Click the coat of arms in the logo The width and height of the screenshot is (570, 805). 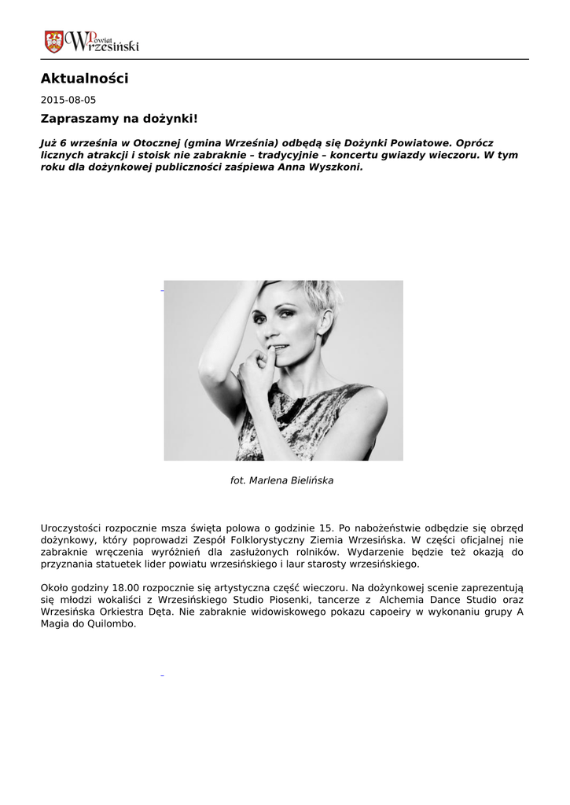[54, 42]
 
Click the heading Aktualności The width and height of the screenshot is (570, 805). [84, 79]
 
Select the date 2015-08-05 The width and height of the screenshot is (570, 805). [68, 101]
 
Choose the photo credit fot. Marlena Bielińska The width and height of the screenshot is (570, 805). [281, 480]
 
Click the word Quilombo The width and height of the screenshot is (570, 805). [111, 624]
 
